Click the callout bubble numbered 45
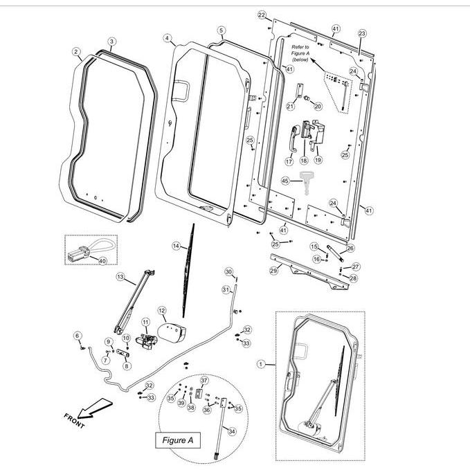pyautogui.click(x=285, y=181)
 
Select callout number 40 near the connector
pyautogui.click(x=102, y=261)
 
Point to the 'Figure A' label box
pyautogui.click(x=177, y=440)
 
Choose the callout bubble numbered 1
pyautogui.click(x=261, y=363)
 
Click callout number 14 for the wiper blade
pyautogui.click(x=176, y=246)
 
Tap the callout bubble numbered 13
pyautogui.click(x=120, y=277)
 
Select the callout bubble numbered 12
pyautogui.click(x=162, y=311)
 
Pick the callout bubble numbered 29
pyautogui.click(x=273, y=271)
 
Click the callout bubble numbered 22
pyautogui.click(x=261, y=15)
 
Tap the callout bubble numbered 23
pyautogui.click(x=361, y=33)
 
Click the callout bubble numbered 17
pyautogui.click(x=289, y=161)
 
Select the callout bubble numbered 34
pyautogui.click(x=232, y=431)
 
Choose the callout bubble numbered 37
pyautogui.click(x=204, y=381)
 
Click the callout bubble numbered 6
pyautogui.click(x=78, y=336)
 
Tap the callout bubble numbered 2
pyautogui.click(x=76, y=52)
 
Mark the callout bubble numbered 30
pyautogui.click(x=228, y=271)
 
